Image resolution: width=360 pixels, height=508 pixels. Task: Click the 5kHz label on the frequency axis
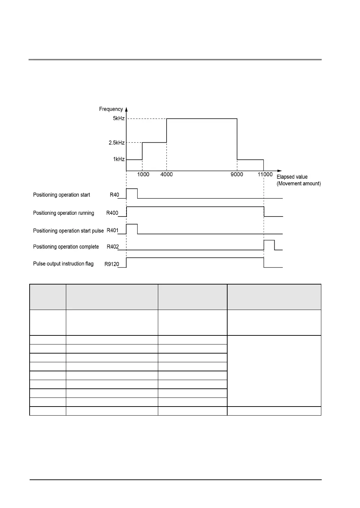[x=118, y=119]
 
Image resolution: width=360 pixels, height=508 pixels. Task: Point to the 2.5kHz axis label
[x=116, y=143]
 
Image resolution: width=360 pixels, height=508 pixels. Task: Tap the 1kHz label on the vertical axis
[x=118, y=159]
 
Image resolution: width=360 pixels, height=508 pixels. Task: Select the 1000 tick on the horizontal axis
[x=143, y=174]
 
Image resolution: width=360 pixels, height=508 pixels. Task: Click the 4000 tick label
[x=167, y=174]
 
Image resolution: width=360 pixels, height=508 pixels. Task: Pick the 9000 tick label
[x=237, y=174]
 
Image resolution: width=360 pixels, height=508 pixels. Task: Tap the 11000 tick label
[x=265, y=174]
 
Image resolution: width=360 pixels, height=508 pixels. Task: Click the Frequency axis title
[x=111, y=109]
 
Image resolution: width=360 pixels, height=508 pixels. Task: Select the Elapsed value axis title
[x=292, y=177]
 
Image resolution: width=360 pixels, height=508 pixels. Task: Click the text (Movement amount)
[x=299, y=184]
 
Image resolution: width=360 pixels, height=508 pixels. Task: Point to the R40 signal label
[x=114, y=195]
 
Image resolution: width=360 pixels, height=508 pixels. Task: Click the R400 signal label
[x=112, y=213]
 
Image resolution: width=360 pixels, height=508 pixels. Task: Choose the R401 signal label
[x=112, y=230]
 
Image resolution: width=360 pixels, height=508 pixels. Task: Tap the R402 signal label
[x=112, y=247]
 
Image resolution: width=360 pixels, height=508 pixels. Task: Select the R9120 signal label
[x=112, y=264]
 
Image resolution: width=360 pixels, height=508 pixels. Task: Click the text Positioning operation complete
[x=66, y=247]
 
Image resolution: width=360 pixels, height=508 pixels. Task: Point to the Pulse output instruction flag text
[x=63, y=264]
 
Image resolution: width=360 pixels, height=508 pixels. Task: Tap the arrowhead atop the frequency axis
[x=126, y=109]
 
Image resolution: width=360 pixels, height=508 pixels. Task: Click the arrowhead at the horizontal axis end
[x=279, y=171]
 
